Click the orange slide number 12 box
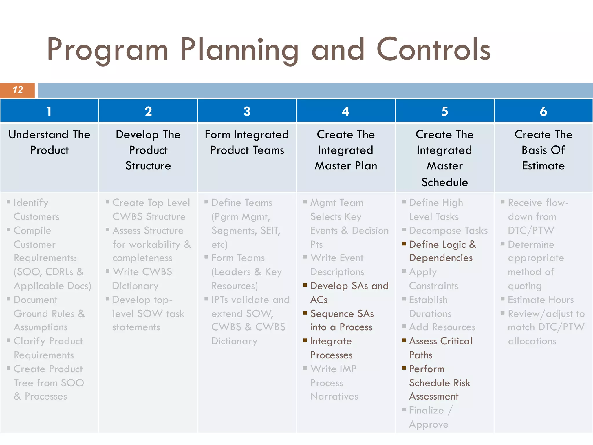coord(17,90)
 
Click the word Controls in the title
coord(433,50)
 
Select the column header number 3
coord(247,111)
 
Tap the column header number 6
coord(543,111)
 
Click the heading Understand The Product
coord(49,142)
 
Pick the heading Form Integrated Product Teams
coord(247,142)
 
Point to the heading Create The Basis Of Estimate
coord(543,150)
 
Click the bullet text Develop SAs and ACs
coord(349,293)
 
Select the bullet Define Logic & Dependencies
coord(442,251)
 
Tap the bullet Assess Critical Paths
coord(440,348)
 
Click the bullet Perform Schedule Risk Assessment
coord(439,382)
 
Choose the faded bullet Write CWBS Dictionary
coord(142,279)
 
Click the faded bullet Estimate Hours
coord(541,300)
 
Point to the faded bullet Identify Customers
coord(36,209)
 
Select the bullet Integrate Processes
coord(331,348)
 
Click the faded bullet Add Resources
coord(442,327)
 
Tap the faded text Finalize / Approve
coord(430,417)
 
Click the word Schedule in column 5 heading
coord(444,183)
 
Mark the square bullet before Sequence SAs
coord(305,313)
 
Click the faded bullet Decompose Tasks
coord(448,231)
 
